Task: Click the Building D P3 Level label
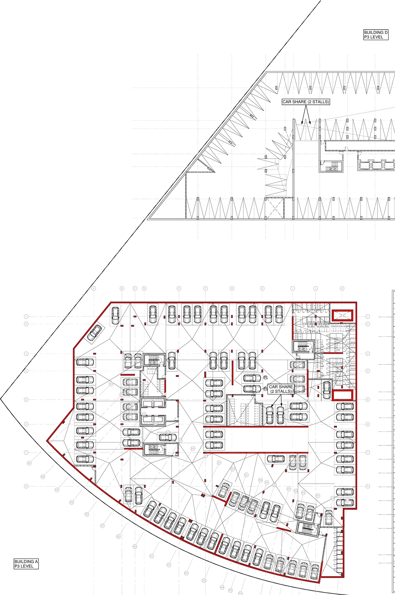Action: [x=376, y=35]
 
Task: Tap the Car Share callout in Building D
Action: [x=306, y=102]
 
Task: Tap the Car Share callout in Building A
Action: [x=281, y=389]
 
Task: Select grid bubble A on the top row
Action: [x=94, y=288]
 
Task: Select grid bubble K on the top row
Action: [x=342, y=288]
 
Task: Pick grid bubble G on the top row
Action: [x=232, y=288]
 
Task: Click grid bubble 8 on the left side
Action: [x=26, y=486]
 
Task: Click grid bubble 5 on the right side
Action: [x=368, y=399]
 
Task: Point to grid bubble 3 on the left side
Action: [x=26, y=354]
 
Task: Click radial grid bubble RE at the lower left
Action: [x=87, y=514]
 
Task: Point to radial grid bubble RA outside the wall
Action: [x=29, y=463]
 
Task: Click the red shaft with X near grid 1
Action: [x=342, y=315]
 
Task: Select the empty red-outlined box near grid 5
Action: [x=342, y=395]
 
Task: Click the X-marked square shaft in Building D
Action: [x=274, y=208]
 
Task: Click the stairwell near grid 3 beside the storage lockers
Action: [x=303, y=347]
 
